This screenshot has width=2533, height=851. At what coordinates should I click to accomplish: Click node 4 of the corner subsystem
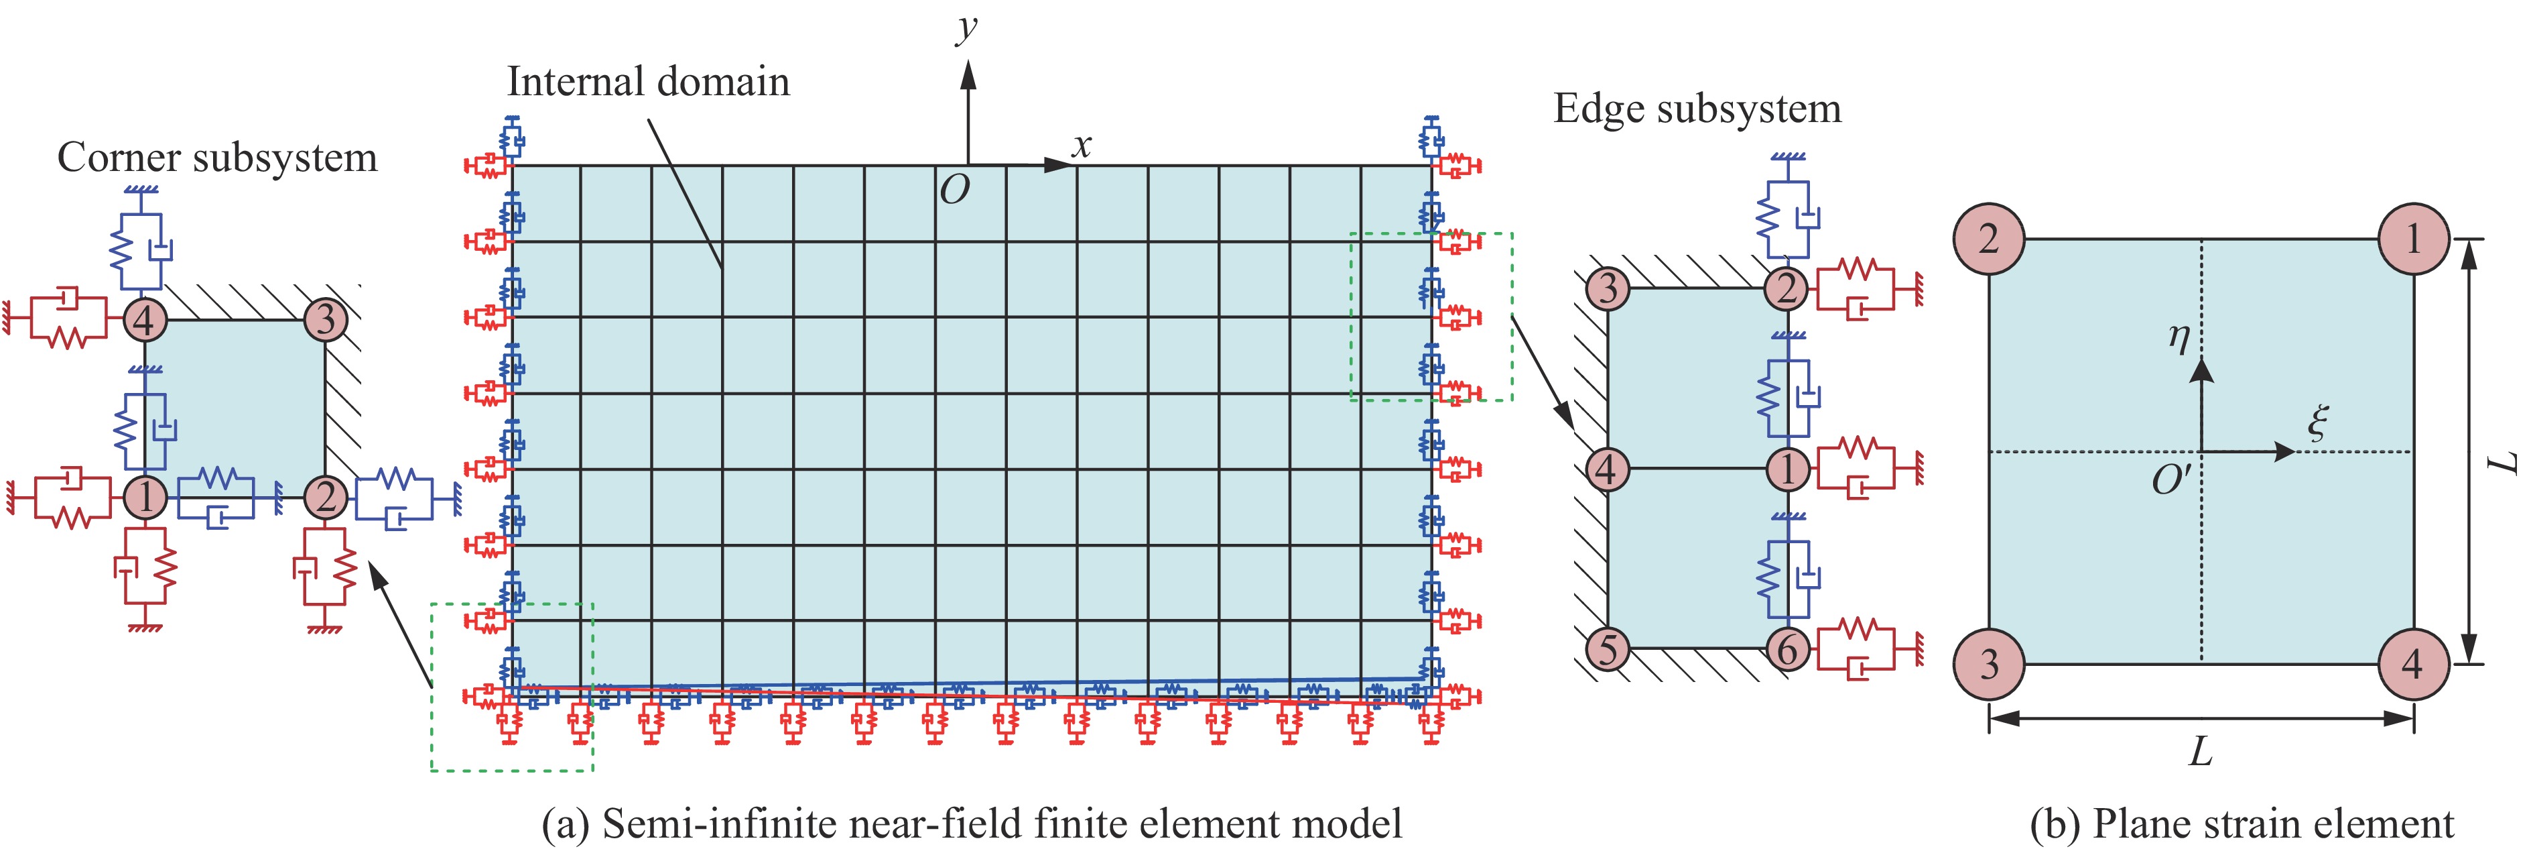click(x=145, y=320)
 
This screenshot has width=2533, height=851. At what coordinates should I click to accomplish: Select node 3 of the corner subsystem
click(x=326, y=320)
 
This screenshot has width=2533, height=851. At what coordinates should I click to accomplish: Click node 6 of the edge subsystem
click(x=1787, y=648)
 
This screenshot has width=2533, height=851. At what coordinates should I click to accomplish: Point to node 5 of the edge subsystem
click(x=1608, y=648)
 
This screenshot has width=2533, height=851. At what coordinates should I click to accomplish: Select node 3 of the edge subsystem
click(x=1608, y=288)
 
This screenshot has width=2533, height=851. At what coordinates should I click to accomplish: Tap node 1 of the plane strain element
click(x=2413, y=239)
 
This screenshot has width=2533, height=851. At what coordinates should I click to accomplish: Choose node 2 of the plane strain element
click(x=1988, y=239)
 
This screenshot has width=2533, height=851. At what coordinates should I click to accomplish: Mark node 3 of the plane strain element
click(x=1988, y=664)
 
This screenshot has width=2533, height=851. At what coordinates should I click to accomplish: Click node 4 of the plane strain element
click(x=2413, y=664)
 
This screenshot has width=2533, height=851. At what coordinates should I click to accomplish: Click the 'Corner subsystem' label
click(x=217, y=158)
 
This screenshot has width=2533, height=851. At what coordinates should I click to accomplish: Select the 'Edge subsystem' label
click(x=1697, y=108)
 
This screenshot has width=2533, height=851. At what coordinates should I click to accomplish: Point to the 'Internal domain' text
click(x=648, y=82)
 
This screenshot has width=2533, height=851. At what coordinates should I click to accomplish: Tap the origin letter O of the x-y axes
click(x=954, y=190)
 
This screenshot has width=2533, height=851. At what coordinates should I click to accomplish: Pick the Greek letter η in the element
click(x=2179, y=337)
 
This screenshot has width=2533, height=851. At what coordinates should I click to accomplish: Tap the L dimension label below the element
click(x=2201, y=752)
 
